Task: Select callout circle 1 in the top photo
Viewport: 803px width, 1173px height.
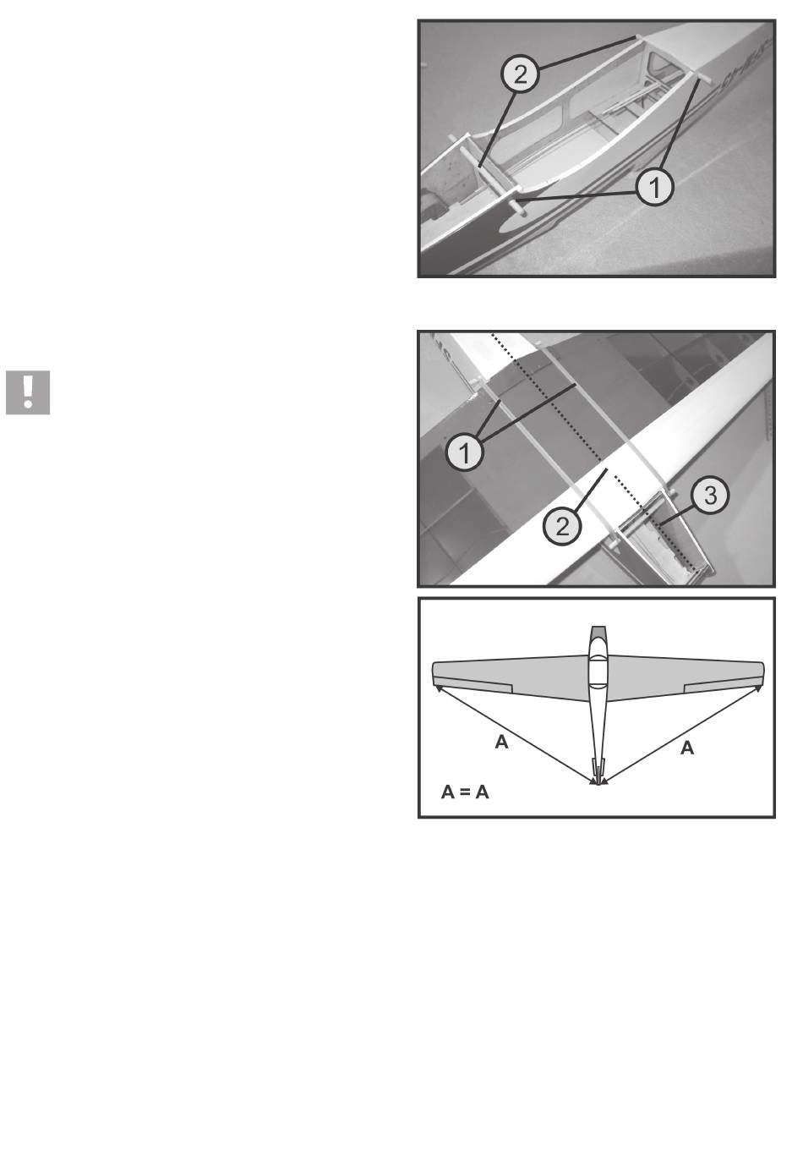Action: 654,186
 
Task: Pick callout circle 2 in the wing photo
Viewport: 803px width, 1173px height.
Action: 562,526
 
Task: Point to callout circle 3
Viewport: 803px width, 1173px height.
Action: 710,495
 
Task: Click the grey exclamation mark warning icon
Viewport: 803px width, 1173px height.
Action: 28,392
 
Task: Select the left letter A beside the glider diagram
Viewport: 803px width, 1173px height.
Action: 501,742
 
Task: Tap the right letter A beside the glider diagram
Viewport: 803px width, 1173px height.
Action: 687,748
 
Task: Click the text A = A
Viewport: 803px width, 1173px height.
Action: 465,792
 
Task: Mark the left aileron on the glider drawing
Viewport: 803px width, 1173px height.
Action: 473,686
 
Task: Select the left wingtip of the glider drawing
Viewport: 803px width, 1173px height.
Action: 435,673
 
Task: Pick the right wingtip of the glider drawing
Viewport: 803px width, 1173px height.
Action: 761,674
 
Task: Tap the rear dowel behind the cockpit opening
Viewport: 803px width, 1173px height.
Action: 702,77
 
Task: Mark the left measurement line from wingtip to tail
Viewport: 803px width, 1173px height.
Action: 516,735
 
